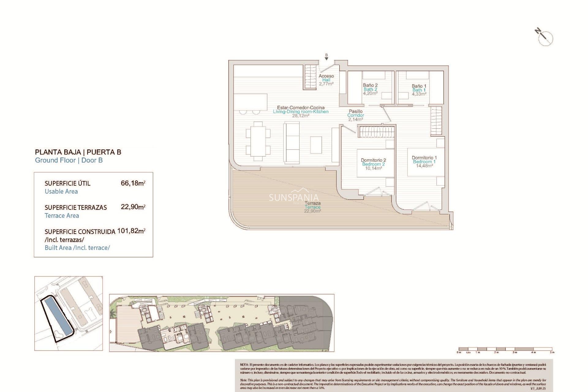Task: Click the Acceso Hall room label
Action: (x=326, y=78)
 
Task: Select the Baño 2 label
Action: (x=370, y=85)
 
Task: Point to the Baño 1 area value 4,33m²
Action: (x=419, y=94)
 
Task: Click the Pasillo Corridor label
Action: (x=356, y=113)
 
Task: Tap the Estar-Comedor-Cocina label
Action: (x=301, y=107)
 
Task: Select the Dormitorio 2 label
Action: (x=373, y=160)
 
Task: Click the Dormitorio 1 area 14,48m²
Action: (x=424, y=166)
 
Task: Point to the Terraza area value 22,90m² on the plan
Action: (x=312, y=211)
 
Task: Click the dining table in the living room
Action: (x=258, y=141)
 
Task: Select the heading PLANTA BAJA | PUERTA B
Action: (x=78, y=152)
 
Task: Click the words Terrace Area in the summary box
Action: (x=62, y=216)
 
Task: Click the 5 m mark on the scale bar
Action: (x=552, y=352)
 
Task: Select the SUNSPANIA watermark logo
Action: (x=294, y=197)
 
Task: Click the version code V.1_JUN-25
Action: (x=538, y=388)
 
